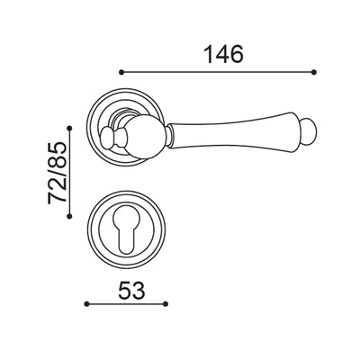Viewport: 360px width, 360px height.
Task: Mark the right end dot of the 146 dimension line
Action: [x=315, y=71]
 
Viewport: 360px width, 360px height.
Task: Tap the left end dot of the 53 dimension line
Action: [x=86, y=305]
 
